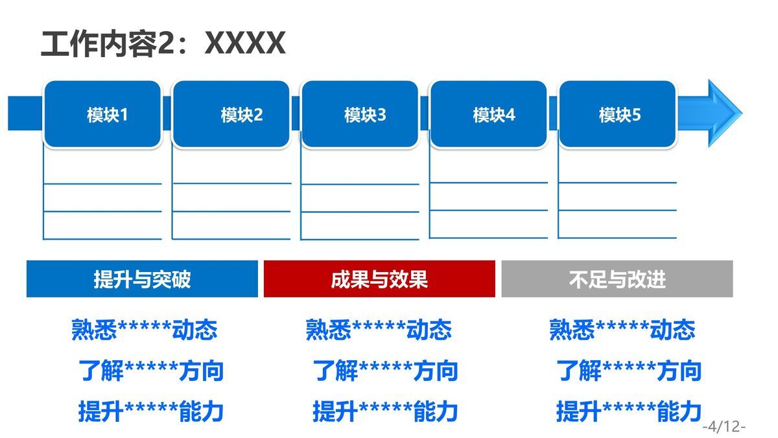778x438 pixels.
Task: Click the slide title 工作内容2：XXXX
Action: click(x=162, y=44)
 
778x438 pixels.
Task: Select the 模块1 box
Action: click(x=102, y=114)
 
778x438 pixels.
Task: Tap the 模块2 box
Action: click(x=231, y=114)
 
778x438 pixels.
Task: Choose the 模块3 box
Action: click(x=360, y=114)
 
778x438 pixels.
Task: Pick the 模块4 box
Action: click(x=489, y=114)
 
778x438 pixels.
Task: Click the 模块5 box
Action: click(x=617, y=114)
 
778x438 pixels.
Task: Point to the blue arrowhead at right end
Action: click(x=720, y=113)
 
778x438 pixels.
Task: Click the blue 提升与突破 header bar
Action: click(x=142, y=279)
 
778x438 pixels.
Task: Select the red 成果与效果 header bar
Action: click(x=379, y=279)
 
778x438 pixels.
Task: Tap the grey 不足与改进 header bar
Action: click(x=617, y=279)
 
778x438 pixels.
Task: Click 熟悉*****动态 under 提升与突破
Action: click(x=144, y=330)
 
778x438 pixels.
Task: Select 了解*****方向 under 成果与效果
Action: click(x=385, y=371)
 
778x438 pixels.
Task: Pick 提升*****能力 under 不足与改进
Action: click(x=629, y=411)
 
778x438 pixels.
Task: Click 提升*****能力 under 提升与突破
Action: click(x=151, y=411)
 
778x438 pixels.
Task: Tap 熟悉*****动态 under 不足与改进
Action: click(x=622, y=330)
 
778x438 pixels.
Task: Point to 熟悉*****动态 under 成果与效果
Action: click(x=379, y=330)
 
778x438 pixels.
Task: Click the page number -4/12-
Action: click(x=724, y=426)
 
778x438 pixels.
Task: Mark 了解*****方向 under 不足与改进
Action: click(x=629, y=371)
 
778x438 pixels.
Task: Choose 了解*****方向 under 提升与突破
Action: click(x=151, y=371)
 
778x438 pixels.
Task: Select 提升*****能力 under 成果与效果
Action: click(x=385, y=411)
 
